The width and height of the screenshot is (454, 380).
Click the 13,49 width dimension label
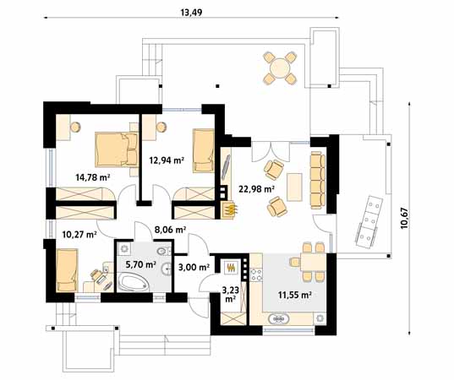tap(191, 13)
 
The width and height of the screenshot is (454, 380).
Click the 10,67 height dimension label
tap(404, 219)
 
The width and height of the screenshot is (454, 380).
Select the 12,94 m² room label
tap(167, 160)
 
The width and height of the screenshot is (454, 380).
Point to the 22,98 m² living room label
tap(256, 189)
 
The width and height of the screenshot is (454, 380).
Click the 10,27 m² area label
tap(79, 234)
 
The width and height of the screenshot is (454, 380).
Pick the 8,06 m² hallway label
tap(170, 230)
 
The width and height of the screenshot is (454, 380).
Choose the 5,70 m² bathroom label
tap(141, 264)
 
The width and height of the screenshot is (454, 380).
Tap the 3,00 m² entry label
tap(194, 267)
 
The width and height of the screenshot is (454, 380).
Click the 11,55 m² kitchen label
tap(295, 295)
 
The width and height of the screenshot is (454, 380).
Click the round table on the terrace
tap(280, 68)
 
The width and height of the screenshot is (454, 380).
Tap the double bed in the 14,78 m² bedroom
tap(117, 149)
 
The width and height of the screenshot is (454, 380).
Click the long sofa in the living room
tap(318, 180)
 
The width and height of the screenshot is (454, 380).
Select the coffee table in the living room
tap(294, 187)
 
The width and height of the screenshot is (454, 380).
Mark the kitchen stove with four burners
tap(256, 275)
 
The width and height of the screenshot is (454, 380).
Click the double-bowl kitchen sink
tap(278, 318)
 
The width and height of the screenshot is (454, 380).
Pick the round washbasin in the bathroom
tap(167, 269)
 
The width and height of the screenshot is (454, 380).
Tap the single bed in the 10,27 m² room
tap(68, 270)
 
